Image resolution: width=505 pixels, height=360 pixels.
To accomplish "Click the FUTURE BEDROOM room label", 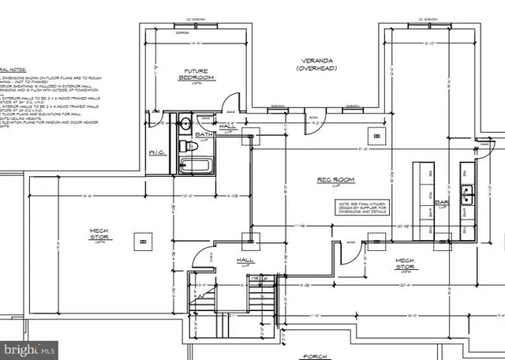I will click(195, 73).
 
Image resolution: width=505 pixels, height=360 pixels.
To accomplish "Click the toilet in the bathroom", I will click(182, 146).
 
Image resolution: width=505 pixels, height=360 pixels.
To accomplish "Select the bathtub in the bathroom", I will click(194, 166).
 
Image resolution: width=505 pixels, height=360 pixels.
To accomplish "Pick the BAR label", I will click(442, 202).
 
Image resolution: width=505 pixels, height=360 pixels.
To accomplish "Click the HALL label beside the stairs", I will click(245, 258).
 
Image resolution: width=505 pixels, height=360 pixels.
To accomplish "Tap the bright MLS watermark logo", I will click(29, 347).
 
